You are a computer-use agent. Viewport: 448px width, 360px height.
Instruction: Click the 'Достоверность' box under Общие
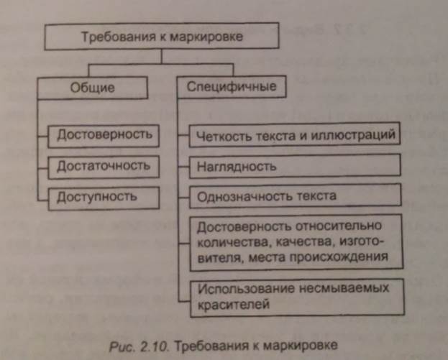104,134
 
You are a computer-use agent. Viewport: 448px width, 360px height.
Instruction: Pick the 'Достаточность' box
104,165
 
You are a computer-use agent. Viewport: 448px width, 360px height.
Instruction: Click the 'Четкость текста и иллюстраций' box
295,134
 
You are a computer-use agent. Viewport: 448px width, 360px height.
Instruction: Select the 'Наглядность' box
295,167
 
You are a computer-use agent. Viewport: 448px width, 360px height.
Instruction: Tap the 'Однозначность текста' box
295,195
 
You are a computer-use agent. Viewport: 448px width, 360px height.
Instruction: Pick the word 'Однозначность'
240,195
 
